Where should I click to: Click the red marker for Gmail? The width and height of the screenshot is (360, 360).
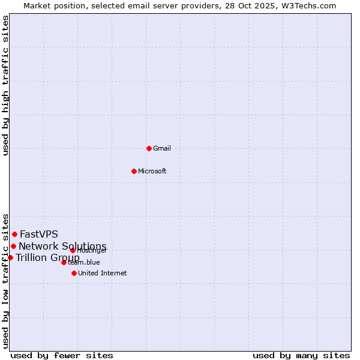[x=149, y=148]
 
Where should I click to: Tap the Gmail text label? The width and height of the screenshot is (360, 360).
[x=162, y=148]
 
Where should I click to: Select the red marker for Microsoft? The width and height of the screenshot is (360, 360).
[x=134, y=171]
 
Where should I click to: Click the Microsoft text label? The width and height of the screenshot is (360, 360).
[x=152, y=171]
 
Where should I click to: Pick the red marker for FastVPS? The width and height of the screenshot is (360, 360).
[x=14, y=234]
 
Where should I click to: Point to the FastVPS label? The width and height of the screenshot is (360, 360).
[x=38, y=234]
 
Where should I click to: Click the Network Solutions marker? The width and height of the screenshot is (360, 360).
[x=13, y=246]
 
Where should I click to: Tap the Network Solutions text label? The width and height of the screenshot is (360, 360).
[x=62, y=246]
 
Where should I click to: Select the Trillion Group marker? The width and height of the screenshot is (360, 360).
[x=10, y=257]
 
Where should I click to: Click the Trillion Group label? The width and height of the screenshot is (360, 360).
[x=47, y=258]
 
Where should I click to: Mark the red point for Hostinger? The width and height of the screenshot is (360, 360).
[x=73, y=250]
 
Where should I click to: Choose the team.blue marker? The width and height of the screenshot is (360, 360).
[x=64, y=262]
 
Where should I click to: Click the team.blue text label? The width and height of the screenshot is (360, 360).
[x=84, y=262]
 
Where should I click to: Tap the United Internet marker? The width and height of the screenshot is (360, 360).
[x=74, y=273]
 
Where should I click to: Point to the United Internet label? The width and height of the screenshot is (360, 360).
[x=102, y=273]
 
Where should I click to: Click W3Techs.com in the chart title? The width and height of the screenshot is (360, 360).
[x=311, y=5]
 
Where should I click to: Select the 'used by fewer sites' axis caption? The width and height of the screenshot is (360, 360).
[x=62, y=355]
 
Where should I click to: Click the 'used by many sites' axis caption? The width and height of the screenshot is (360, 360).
[x=301, y=355]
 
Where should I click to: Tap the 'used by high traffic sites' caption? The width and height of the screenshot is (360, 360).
[x=5, y=85]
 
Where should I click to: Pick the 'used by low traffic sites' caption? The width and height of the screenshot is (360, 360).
[x=5, y=280]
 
